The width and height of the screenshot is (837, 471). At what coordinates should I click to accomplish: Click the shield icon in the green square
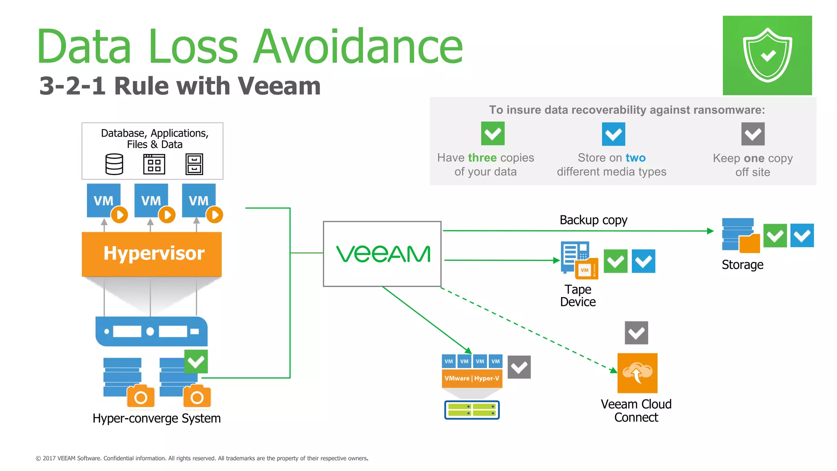[767, 55]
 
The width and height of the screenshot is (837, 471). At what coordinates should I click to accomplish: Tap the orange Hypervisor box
[152, 254]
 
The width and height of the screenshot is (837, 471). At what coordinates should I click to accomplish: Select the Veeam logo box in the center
[382, 254]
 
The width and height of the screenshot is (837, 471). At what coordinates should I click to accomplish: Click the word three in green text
[482, 158]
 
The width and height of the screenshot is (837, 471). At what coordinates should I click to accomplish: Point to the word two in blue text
[636, 158]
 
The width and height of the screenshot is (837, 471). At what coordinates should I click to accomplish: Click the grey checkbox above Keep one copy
[753, 134]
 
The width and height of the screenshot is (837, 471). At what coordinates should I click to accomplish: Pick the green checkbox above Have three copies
[492, 133]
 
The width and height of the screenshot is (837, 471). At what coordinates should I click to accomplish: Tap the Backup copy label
[593, 220]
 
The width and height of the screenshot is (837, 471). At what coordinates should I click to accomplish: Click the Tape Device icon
[579, 260]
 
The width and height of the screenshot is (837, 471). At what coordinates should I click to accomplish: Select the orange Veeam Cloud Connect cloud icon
[637, 373]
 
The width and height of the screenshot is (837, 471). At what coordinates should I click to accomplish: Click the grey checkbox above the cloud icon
[636, 333]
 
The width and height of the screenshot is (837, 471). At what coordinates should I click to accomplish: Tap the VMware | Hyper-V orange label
[472, 378]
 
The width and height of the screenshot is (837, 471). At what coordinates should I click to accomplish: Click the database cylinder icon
[114, 164]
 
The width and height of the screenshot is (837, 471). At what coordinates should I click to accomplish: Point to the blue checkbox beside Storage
[802, 235]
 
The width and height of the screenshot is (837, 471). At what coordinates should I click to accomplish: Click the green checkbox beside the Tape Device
[615, 261]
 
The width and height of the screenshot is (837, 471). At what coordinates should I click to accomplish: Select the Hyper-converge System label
[157, 418]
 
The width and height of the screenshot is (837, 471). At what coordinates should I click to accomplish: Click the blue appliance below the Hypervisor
[152, 331]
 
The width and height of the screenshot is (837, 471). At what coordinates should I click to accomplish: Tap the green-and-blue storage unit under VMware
[472, 410]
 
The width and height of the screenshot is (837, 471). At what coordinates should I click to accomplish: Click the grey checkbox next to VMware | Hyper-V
[519, 367]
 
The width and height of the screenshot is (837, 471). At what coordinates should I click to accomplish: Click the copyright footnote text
[202, 458]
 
